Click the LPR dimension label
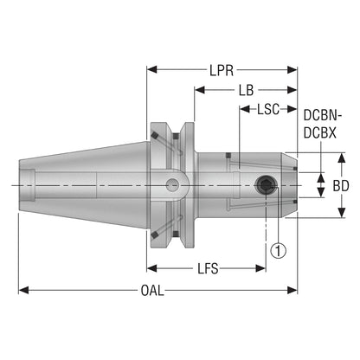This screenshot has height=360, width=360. click(222, 70)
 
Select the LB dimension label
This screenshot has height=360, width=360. click(246, 90)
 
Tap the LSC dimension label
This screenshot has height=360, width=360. click(268, 109)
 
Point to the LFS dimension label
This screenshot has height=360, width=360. click(208, 269)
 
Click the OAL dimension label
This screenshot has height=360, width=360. click(152, 291)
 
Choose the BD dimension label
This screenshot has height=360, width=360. click(341, 186)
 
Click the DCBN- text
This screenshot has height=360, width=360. click(323, 116)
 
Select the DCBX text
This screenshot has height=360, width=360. click(320, 133)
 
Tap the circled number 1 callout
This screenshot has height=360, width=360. click(279, 250)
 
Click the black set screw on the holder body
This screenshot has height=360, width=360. click(265, 185)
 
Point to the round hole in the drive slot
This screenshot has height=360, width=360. click(172, 185)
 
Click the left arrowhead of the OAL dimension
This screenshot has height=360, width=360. click(23, 290)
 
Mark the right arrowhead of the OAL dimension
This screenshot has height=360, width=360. click(292, 290)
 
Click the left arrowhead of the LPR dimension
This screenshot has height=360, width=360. click(152, 69)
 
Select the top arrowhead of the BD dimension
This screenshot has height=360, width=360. click(342, 157)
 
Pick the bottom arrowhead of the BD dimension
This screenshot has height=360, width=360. click(342, 212)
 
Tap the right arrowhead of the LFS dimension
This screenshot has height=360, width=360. click(260, 268)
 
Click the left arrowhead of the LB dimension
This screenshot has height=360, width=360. click(200, 90)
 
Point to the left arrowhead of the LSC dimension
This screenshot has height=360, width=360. click(245, 109)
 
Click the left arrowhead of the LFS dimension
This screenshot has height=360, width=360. click(152, 268)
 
